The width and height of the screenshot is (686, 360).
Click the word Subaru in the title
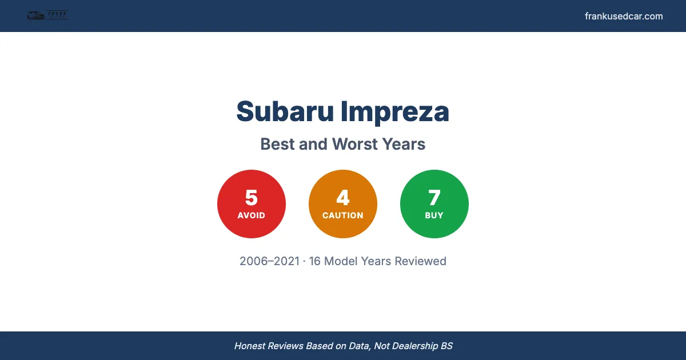tap(285, 111)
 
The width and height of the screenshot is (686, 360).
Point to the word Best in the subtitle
tap(277, 144)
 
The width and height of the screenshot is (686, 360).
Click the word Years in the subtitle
tap(405, 144)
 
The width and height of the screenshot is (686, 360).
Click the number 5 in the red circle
tap(252, 198)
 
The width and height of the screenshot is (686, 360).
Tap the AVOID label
tap(252, 215)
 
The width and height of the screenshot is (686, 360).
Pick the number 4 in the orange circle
tap(343, 198)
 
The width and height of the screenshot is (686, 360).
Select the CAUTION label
tap(343, 215)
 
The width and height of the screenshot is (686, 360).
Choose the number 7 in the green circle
tap(434, 198)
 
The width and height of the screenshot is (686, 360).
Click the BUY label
tap(434, 215)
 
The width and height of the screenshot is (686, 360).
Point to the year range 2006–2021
tap(269, 261)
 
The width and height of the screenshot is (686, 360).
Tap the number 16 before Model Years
tap(315, 261)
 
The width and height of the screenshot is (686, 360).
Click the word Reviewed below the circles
tap(421, 261)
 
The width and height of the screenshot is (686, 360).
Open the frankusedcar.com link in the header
tap(624, 16)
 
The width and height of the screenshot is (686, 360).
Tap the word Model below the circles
tap(341, 261)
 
